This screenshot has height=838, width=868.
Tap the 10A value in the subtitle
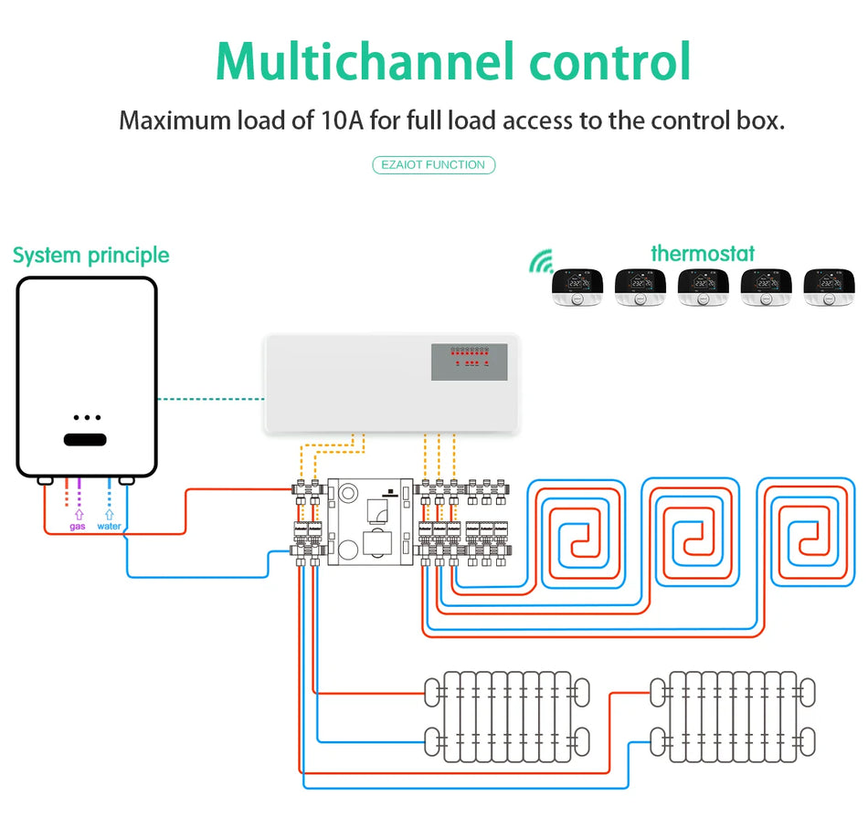[x=341, y=120]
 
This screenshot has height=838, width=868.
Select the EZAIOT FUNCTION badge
[x=434, y=165]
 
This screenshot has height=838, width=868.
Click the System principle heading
[x=91, y=255]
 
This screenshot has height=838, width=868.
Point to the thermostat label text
[x=703, y=253]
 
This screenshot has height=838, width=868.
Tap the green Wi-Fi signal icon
[x=540, y=264]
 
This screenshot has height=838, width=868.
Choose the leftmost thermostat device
[x=577, y=287]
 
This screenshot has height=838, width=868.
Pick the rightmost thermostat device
[x=829, y=287]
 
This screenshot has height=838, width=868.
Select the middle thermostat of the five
[x=703, y=287]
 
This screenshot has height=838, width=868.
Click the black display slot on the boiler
[x=85, y=439]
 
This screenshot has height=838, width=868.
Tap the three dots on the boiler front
[x=86, y=417]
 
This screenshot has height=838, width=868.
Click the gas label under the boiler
[x=79, y=527]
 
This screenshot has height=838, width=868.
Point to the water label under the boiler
[x=109, y=527]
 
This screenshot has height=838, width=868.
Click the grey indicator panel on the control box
[x=469, y=362]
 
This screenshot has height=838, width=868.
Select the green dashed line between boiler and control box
[x=210, y=399]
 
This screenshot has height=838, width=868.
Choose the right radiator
[x=733, y=717]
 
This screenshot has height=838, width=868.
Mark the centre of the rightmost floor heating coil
[x=808, y=538]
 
